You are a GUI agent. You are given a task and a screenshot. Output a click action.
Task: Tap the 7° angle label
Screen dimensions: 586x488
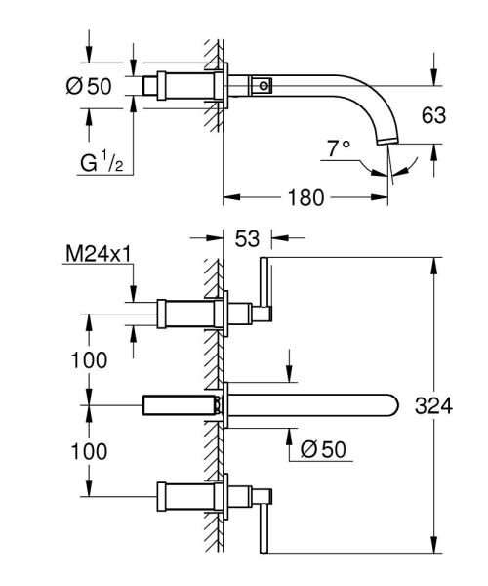pos(338,148)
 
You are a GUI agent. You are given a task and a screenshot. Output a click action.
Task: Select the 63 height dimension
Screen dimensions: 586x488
pos(433,115)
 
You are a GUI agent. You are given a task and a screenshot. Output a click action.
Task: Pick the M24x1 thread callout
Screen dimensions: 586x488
pos(99,256)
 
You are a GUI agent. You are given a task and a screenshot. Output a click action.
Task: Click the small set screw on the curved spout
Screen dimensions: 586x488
pos(262,86)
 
